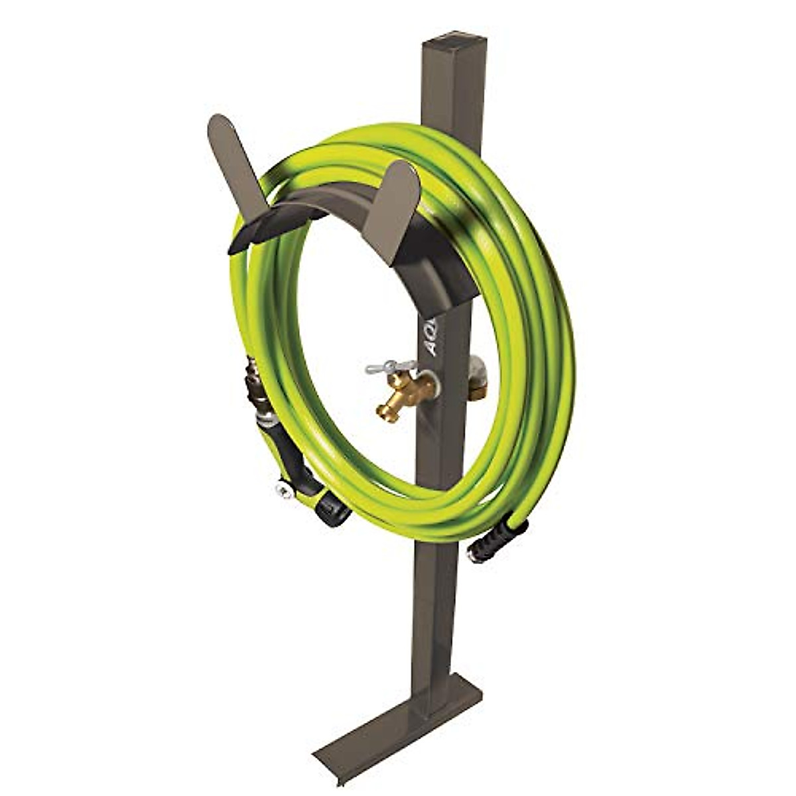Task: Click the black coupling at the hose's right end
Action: [x=497, y=538]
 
